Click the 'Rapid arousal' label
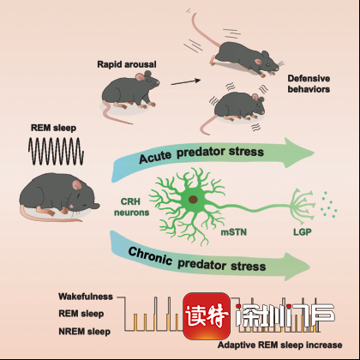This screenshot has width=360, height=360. point(127,64)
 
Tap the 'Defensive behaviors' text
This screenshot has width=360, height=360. point(309,84)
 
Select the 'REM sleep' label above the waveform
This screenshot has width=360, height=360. point(53,128)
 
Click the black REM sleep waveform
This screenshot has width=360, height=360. point(56,151)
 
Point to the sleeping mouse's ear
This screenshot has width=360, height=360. point(76,185)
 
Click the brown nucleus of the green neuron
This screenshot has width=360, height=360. point(193,200)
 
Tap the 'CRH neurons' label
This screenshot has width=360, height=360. point(131,207)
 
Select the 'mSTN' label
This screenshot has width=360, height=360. point(234,232)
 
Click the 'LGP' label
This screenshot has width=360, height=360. point(303,232)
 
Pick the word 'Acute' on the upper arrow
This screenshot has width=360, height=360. point(155,157)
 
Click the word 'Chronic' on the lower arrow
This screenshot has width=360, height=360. point(150,256)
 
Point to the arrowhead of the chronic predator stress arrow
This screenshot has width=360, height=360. point(296,267)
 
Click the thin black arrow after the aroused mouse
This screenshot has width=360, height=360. point(186,82)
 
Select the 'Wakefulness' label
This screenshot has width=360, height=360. point(86,297)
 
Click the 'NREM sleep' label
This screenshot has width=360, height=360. point(85,332)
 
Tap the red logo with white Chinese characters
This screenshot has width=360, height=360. point(207,316)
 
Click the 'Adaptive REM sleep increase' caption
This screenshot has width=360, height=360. point(280,345)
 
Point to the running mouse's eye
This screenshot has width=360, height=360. point(268,65)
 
